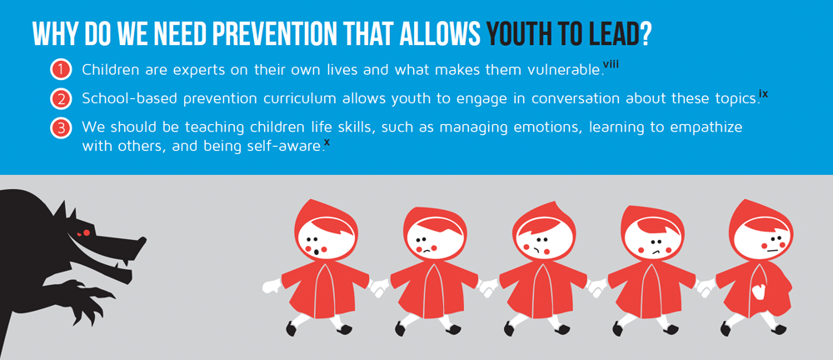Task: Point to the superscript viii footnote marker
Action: tap(611, 64)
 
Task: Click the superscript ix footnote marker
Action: tap(763, 93)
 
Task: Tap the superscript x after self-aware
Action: tap(327, 142)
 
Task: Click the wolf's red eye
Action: tap(82, 232)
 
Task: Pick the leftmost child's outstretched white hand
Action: tap(272, 286)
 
